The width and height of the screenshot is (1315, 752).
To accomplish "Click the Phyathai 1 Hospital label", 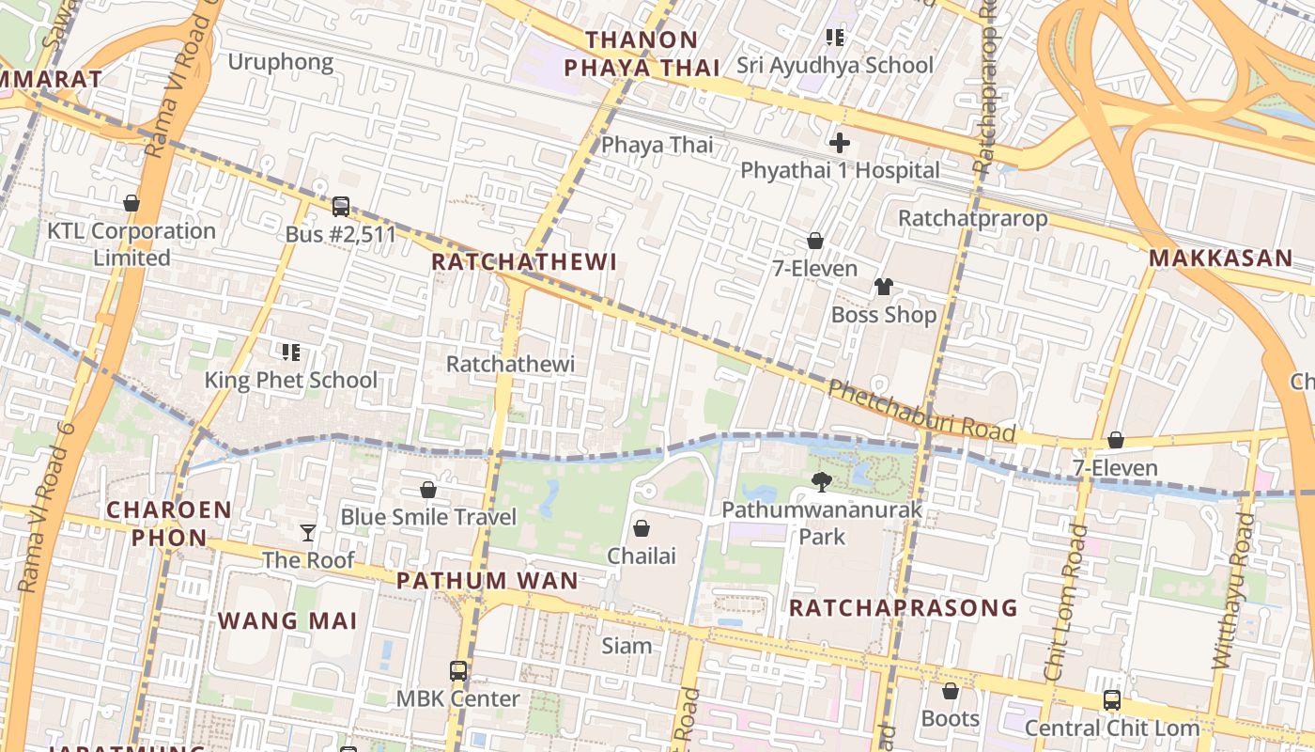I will click(840, 170).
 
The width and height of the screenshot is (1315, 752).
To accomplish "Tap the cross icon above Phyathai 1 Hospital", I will click(840, 143).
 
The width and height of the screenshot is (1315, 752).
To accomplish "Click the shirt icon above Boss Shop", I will click(883, 287).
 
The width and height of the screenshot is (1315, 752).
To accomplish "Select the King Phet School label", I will click(291, 380).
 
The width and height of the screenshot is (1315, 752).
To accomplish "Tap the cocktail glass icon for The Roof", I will click(308, 533).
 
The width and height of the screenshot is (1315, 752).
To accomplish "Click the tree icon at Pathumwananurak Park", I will click(822, 482).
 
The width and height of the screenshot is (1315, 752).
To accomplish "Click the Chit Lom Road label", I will click(1066, 602).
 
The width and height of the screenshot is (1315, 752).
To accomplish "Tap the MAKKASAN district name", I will click(1220, 258).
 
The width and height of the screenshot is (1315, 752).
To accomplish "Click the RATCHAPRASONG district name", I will click(903, 607).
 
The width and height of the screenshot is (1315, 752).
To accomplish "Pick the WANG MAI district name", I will click(287, 620).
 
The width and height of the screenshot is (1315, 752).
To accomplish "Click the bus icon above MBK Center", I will click(458, 671).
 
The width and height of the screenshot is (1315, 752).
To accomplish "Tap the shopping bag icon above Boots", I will click(951, 692).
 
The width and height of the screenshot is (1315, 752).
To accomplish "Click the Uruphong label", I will click(281, 62).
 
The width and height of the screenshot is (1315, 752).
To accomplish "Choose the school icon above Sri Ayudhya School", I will click(834, 38).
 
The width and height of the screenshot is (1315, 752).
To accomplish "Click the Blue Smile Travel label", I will click(428, 517).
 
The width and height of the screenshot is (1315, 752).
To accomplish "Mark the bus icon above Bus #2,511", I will click(341, 206).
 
